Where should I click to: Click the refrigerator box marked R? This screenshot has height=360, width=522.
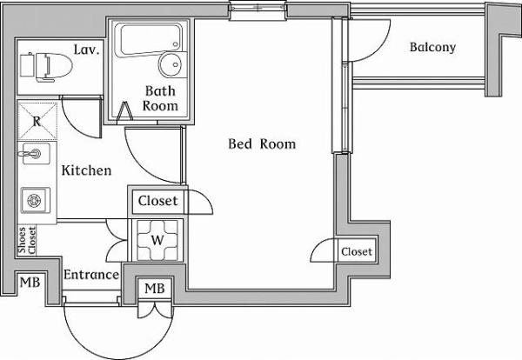tap(37, 121)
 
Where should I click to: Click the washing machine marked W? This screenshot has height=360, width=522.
tap(157, 238)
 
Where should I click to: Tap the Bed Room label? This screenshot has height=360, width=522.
tap(262, 143)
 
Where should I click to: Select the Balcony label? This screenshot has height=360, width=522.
tap(432, 48)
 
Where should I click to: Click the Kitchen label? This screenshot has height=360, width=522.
tap(86, 170)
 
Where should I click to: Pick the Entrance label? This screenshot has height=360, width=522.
tap(91, 275)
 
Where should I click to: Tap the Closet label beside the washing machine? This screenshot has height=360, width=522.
tap(157, 201)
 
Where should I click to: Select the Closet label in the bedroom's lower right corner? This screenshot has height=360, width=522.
tap(356, 252)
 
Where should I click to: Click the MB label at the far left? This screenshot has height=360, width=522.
tap(30, 283)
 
